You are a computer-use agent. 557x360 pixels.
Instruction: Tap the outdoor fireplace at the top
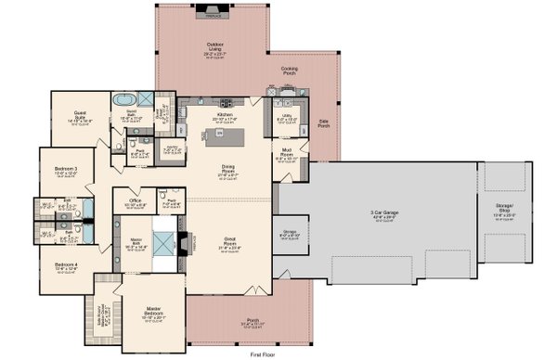[x=213, y=14]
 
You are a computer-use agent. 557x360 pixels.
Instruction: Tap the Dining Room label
[x=227, y=170]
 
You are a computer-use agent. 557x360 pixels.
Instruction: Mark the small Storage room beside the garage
[x=290, y=233]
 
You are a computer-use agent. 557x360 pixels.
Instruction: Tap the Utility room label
[x=286, y=118]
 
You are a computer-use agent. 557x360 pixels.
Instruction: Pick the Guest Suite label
[x=78, y=118]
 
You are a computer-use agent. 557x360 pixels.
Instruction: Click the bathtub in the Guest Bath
[x=123, y=97]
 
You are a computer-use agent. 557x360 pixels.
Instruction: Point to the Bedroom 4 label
[x=64, y=266]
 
